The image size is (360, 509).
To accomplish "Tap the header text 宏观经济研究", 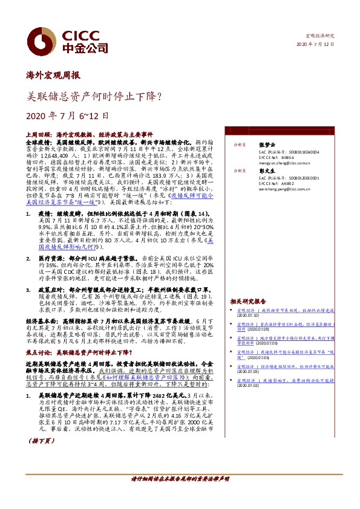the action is click(319, 36).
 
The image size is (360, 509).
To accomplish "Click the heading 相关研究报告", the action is click(247, 301).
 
